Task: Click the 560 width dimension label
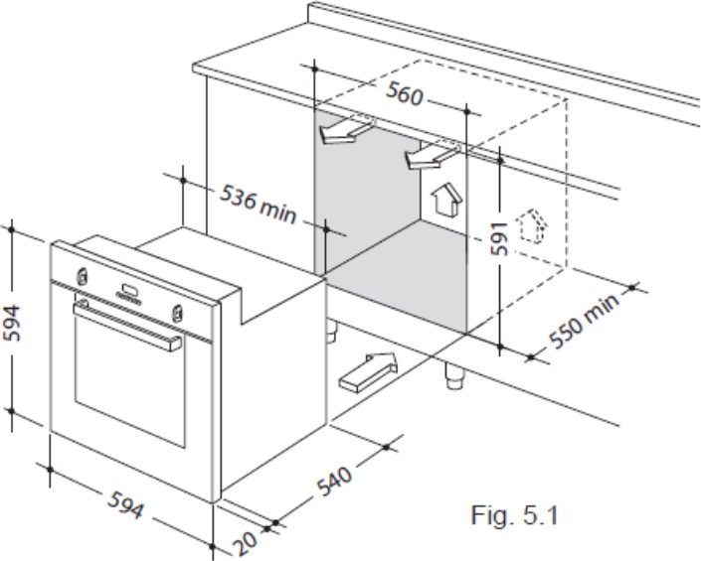pos(404,93)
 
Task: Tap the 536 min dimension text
pos(259,204)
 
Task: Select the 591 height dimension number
pos(499,238)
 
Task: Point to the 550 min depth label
pos(585,320)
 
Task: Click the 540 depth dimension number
pos(334,482)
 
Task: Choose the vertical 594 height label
pos(12,323)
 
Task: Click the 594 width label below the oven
pos(126,504)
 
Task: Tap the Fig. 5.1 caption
pos(515,515)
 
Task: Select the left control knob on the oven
pos(82,276)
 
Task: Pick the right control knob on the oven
pos(177,312)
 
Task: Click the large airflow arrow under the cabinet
pos(368,371)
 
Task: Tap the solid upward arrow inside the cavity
pos(445,199)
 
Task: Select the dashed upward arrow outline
pos(532,225)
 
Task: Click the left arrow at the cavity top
pos(347,131)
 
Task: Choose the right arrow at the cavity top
pos(432,157)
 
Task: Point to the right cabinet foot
pos(455,375)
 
